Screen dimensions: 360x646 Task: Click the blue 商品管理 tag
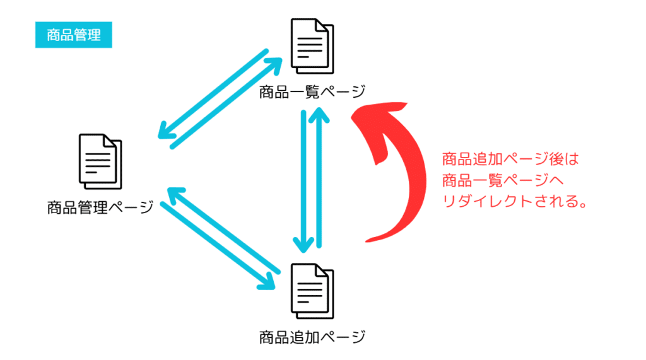click(73, 35)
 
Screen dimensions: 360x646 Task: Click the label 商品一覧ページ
click(312, 93)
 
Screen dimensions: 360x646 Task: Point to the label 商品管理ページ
click(100, 207)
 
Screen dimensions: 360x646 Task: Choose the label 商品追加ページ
click(312, 337)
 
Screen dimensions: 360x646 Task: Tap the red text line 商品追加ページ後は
click(510, 159)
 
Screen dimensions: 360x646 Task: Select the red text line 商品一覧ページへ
click(503, 181)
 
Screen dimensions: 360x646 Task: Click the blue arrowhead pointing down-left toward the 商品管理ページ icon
click(166, 134)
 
